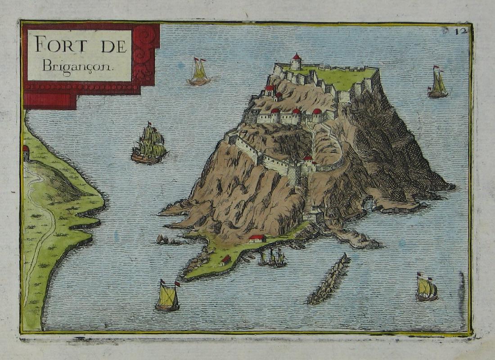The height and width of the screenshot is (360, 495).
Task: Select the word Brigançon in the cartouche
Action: point(79,66)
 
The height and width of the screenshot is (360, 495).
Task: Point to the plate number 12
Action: point(460,31)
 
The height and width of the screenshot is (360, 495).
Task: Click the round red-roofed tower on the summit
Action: point(296,62)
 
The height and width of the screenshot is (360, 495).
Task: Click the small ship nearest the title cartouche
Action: point(199,72)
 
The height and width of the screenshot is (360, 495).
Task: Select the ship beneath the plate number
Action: point(438,83)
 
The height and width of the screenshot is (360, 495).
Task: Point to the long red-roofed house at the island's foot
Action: point(257,238)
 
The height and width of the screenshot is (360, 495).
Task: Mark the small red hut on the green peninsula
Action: point(226,259)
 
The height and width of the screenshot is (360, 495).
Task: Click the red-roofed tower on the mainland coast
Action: point(26,153)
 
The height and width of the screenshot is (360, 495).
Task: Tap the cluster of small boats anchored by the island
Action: point(273,258)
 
